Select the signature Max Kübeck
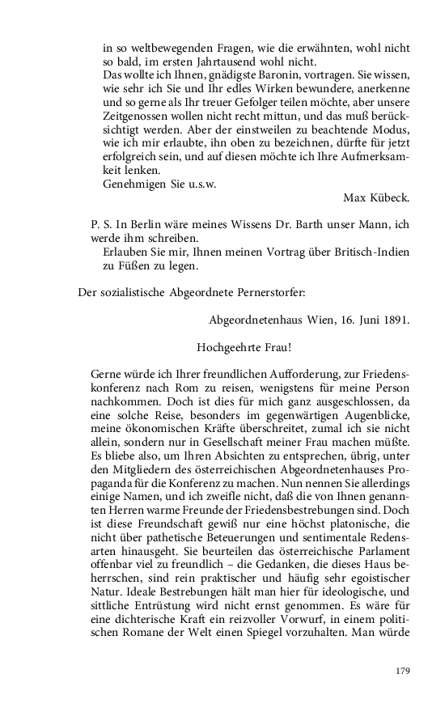tap(376, 197)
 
